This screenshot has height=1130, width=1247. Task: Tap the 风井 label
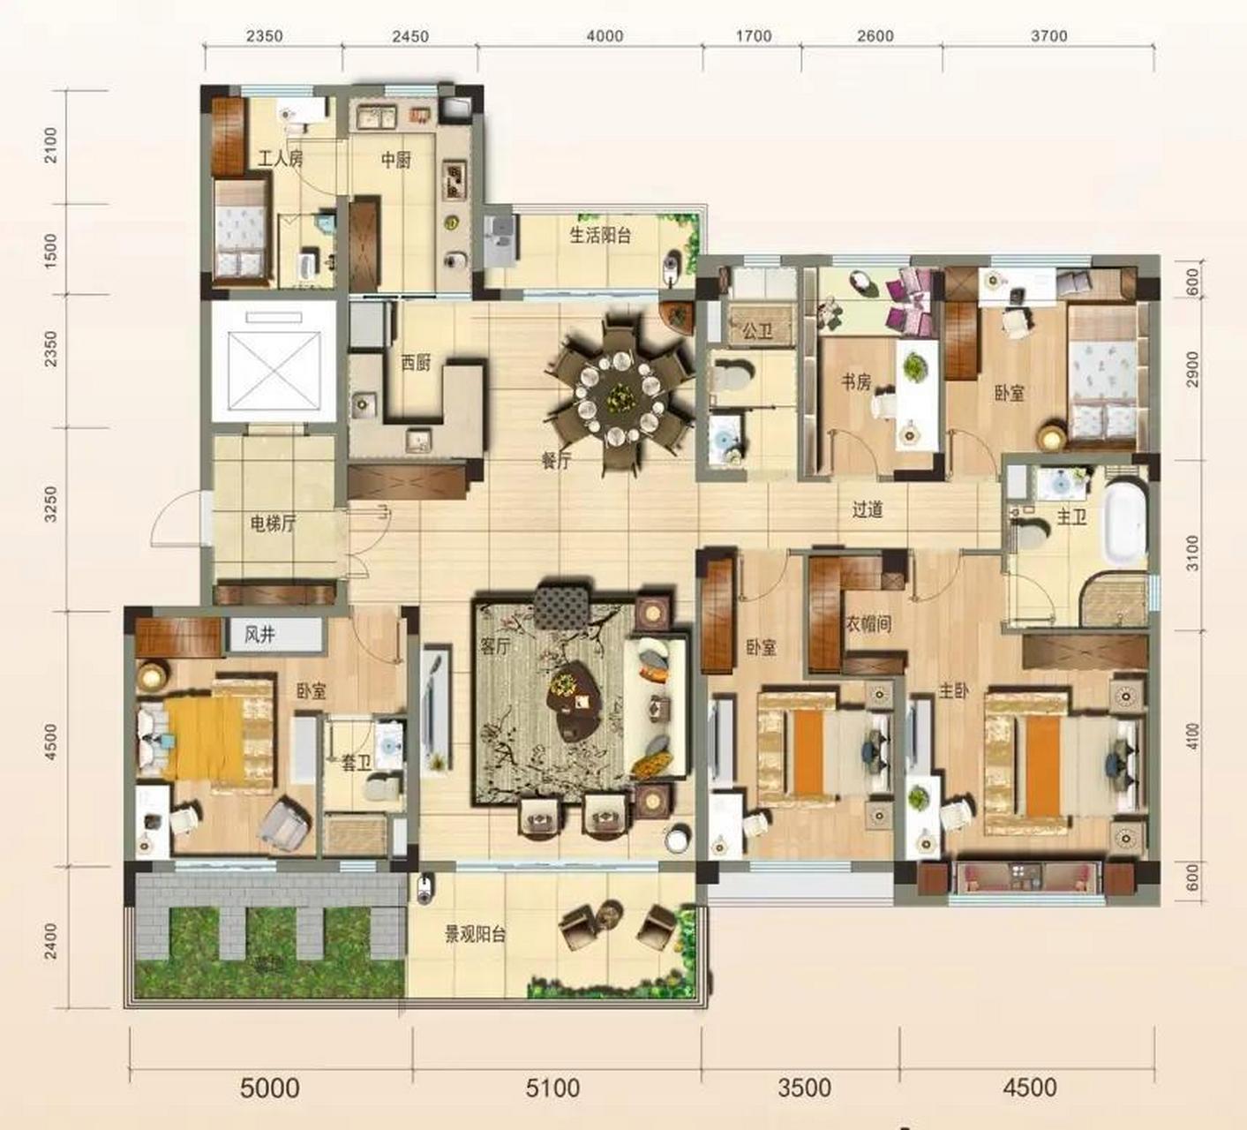(259, 635)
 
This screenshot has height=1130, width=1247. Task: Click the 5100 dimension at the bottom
(552, 1087)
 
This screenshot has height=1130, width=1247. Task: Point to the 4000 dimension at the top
(605, 36)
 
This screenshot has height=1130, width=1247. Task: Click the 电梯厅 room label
(273, 525)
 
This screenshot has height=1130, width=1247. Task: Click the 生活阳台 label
(600, 235)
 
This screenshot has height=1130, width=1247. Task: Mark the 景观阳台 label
(474, 934)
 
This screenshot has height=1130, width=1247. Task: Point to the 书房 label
(856, 382)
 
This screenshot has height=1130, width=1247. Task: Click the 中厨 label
(396, 161)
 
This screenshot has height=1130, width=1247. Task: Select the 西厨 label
(416, 363)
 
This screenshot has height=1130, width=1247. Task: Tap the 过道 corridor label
(868, 510)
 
